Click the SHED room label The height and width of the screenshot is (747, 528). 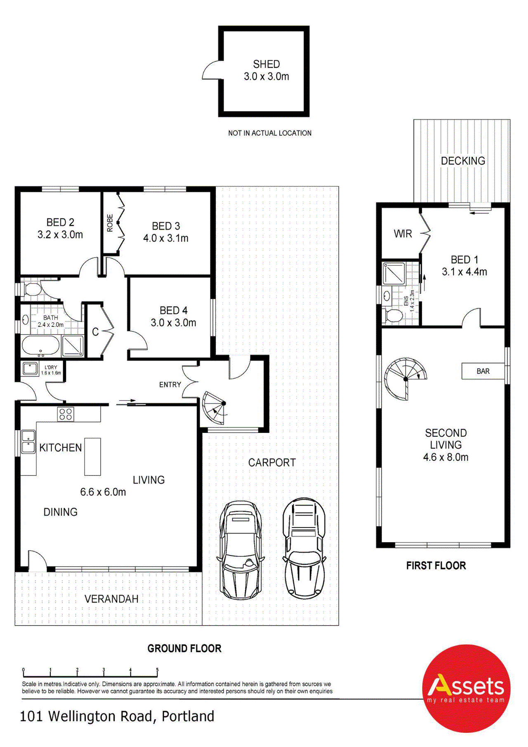pyautogui.click(x=266, y=64)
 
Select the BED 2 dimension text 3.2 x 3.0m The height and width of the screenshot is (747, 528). pyautogui.click(x=60, y=235)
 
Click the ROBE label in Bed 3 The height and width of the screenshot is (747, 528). pyautogui.click(x=110, y=223)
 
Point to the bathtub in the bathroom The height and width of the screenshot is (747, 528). pyautogui.click(x=40, y=345)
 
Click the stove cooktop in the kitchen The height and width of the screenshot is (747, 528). pyautogui.click(x=66, y=414)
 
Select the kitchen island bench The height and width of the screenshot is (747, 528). pyautogui.click(x=92, y=456)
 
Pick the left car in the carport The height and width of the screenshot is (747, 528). pyautogui.click(x=240, y=550)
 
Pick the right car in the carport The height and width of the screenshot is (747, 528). pyautogui.click(x=304, y=548)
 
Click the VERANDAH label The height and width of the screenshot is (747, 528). pyautogui.click(x=111, y=599)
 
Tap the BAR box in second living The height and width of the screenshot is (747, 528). pyautogui.click(x=483, y=371)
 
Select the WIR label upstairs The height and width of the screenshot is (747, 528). pyautogui.click(x=403, y=234)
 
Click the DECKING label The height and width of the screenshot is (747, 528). pyautogui.click(x=463, y=161)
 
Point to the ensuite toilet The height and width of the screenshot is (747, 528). pyautogui.click(x=394, y=316)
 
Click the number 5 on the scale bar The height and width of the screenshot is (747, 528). pyautogui.click(x=157, y=670)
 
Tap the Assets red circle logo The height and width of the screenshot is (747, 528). pyautogui.click(x=466, y=688)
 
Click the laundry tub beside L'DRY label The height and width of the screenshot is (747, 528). pyautogui.click(x=30, y=368)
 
